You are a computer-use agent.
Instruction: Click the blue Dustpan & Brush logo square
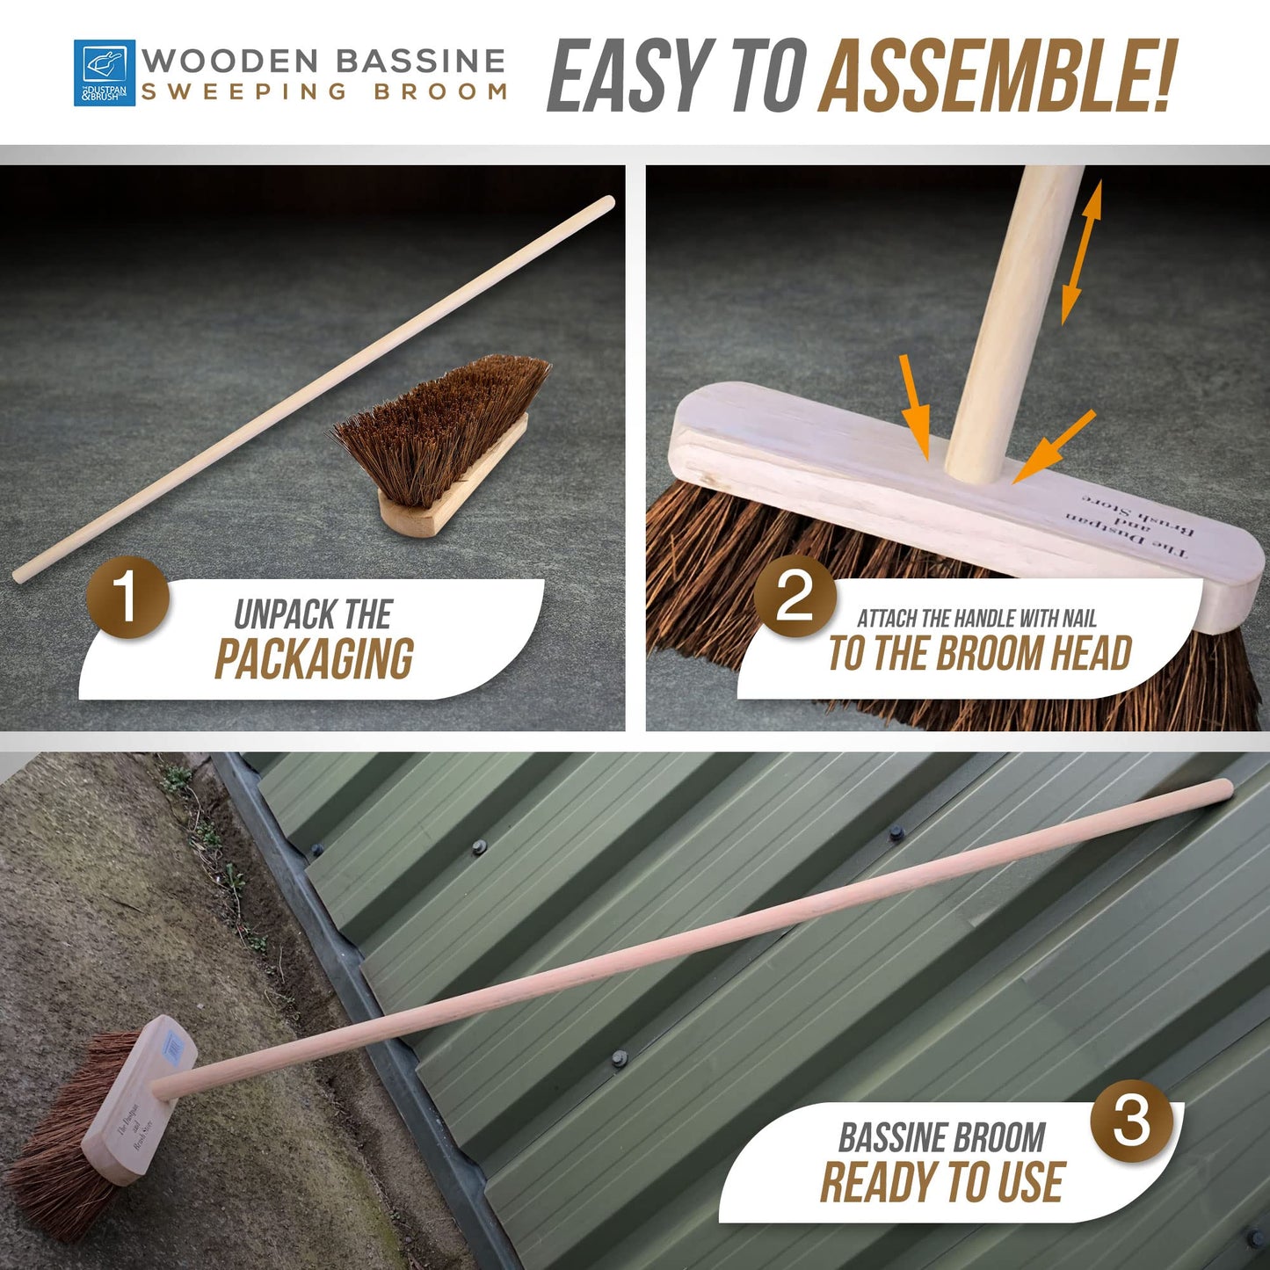tap(105, 73)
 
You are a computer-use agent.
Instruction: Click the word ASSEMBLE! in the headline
tap(997, 77)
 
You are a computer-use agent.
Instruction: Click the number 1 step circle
tap(127, 597)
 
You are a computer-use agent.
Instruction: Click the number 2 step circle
tap(795, 597)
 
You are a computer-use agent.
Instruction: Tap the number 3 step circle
tap(1131, 1121)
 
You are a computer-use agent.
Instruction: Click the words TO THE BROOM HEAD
tap(979, 654)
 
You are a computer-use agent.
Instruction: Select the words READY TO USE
tap(942, 1182)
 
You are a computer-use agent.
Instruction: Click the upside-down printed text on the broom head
tap(1134, 526)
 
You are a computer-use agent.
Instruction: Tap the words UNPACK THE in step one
tap(313, 614)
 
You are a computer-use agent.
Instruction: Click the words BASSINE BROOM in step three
tap(941, 1137)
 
